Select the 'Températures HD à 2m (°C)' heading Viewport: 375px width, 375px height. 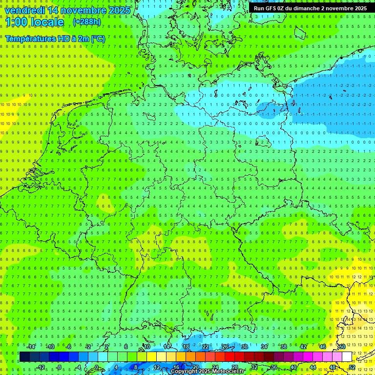pyautogui.click(x=55, y=38)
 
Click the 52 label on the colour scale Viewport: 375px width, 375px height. pyautogui.click(x=352, y=367)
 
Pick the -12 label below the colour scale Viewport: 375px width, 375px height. pyautogui.click(x=41, y=367)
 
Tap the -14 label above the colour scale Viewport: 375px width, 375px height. pyautogui.click(x=31, y=347)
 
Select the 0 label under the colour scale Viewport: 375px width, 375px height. pyautogui.click(x=97, y=367)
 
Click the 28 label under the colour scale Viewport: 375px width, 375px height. pyautogui.click(x=235, y=367)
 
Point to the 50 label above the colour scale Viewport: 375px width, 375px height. pyautogui.click(x=342, y=347)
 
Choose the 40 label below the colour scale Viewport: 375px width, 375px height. pyautogui.click(x=293, y=367)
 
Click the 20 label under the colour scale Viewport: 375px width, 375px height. pyautogui.click(x=195, y=367)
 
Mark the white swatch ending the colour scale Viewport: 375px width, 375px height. pyautogui.click(x=347, y=356)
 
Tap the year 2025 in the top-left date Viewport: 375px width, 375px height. pyautogui.click(x=120, y=10)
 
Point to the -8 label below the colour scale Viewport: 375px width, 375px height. pyautogui.click(x=60, y=367)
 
